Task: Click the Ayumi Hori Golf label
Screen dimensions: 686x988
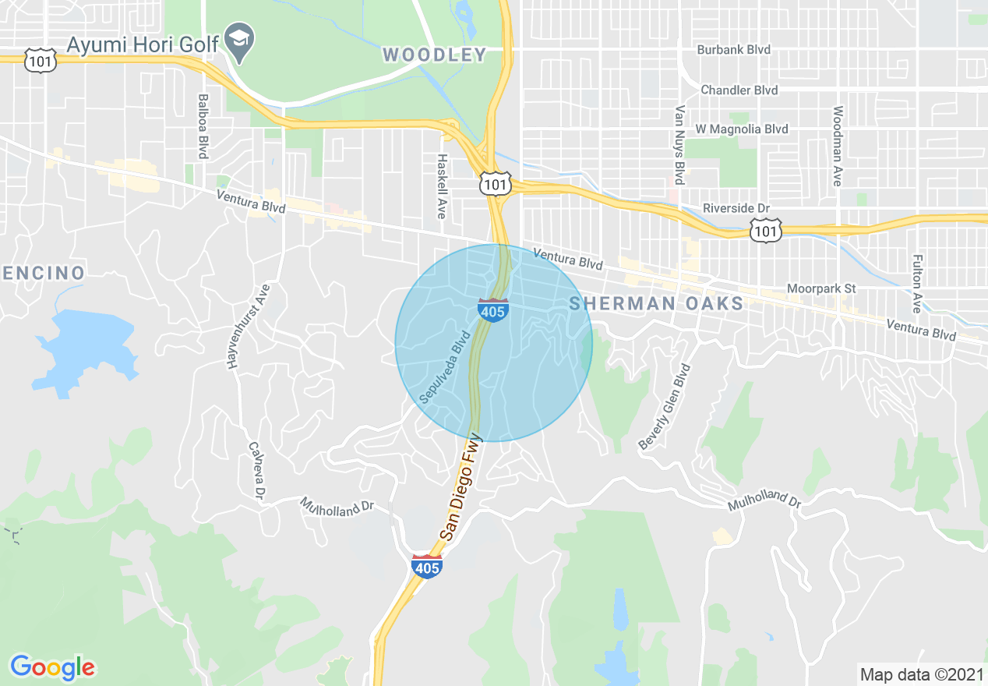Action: pos(142,44)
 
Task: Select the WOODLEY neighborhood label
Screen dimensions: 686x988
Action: pos(435,55)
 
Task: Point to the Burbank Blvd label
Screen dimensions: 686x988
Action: pos(733,50)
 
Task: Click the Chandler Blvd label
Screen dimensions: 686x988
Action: pos(739,90)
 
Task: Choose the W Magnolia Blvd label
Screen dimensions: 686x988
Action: pos(741,129)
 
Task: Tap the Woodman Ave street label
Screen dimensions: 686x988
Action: pos(838,146)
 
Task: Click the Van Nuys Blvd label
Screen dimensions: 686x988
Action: pos(679,146)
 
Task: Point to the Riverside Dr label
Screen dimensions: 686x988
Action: pos(736,209)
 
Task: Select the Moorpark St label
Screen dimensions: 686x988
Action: pos(820,289)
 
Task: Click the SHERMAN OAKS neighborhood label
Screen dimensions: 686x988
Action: pos(656,304)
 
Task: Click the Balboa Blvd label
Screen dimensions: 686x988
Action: pos(203,127)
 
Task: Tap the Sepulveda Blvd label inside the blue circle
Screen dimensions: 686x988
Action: pos(446,366)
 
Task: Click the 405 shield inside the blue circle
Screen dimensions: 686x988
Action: pos(493,309)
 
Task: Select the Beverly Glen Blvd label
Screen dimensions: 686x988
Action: pos(665,407)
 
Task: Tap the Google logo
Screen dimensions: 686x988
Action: pos(52,667)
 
